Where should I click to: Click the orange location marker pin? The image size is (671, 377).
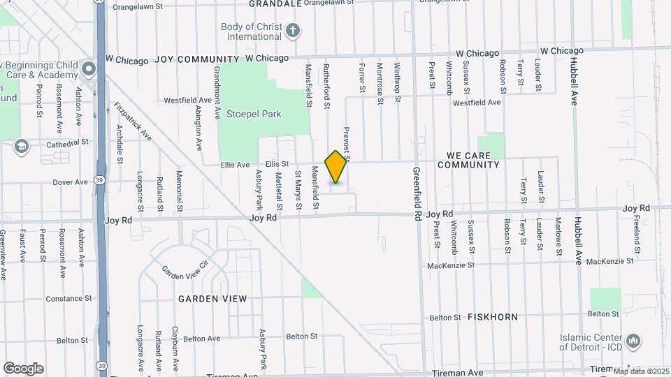pyautogui.click(x=336, y=167)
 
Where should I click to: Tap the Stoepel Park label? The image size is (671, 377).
pyautogui.click(x=252, y=114)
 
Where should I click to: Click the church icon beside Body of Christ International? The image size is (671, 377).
pyautogui.click(x=293, y=30)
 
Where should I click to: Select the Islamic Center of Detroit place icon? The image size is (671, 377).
pyautogui.click(x=633, y=341)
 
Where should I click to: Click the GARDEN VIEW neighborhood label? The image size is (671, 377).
pyautogui.click(x=212, y=299)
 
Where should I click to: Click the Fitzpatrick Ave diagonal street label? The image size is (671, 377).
pyautogui.click(x=132, y=122)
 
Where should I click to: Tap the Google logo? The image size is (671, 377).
pyautogui.click(x=23, y=368)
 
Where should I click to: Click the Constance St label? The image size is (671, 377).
pyautogui.click(x=69, y=299)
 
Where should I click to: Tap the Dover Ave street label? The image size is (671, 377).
pyautogui.click(x=70, y=182)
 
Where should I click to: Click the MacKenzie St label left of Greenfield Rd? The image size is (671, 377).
pyautogui.click(x=451, y=265)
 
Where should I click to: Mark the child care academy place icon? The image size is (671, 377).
pyautogui.click(x=88, y=68)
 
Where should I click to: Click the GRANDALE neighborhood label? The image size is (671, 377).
pyautogui.click(x=276, y=3)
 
